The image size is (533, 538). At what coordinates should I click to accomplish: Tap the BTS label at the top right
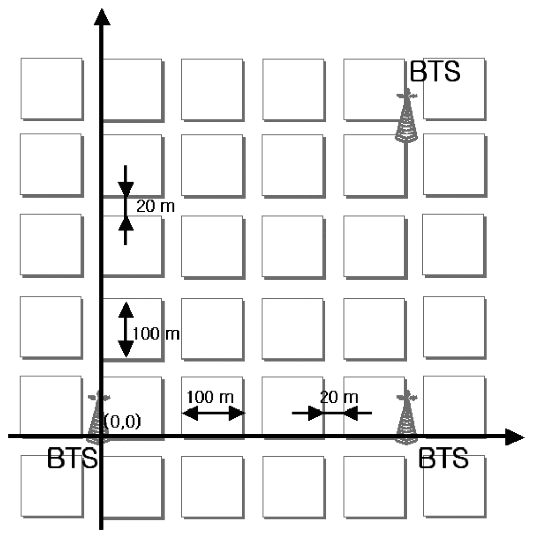(x=435, y=72)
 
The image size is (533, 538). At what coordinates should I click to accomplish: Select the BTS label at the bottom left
(x=72, y=459)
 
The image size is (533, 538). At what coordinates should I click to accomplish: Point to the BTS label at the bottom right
(x=443, y=459)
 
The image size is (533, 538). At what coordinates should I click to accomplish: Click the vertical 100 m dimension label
(x=156, y=334)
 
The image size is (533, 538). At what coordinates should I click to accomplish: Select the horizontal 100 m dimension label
(x=210, y=397)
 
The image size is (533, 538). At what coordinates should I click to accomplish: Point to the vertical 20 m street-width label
(x=156, y=207)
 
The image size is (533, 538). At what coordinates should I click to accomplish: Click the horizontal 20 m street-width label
(x=339, y=398)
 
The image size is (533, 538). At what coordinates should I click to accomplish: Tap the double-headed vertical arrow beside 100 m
(x=125, y=329)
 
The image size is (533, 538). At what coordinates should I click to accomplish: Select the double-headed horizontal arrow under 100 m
(x=213, y=413)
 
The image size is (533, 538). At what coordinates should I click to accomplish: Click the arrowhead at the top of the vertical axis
(x=101, y=17)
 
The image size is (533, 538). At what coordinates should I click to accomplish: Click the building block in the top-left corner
(x=52, y=88)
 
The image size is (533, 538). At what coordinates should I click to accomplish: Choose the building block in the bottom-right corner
(x=454, y=486)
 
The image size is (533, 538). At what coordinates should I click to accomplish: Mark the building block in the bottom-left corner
(x=52, y=486)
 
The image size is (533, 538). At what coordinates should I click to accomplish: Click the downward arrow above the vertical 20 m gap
(x=125, y=182)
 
